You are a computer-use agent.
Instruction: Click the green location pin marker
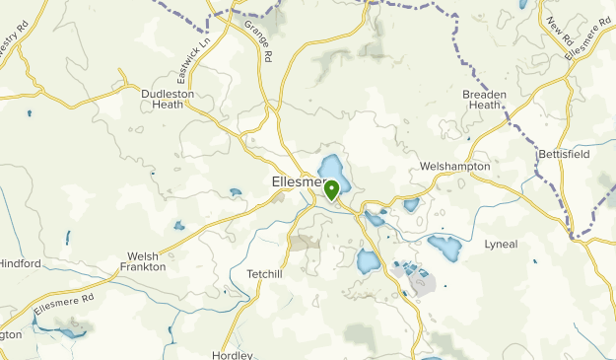pyautogui.click(x=332, y=188)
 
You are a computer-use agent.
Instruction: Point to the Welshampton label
pyautogui.click(x=454, y=167)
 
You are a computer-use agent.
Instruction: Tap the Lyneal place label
pyautogui.click(x=501, y=244)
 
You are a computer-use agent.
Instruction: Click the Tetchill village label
pyautogui.click(x=264, y=274)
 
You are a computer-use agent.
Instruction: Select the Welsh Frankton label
pyautogui.click(x=143, y=260)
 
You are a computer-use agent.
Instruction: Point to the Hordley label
pyautogui.click(x=233, y=355)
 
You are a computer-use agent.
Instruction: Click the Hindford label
pyautogui.click(x=20, y=263)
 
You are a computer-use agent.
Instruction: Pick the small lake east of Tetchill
pyautogui.click(x=368, y=261)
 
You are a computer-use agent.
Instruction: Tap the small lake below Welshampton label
pyautogui.click(x=411, y=205)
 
